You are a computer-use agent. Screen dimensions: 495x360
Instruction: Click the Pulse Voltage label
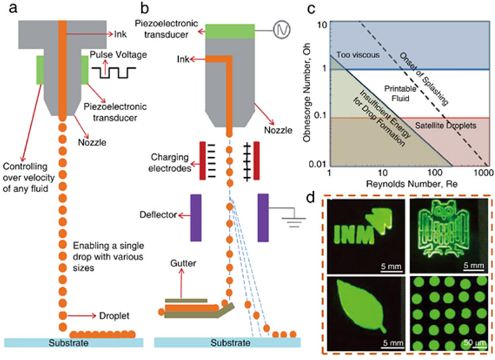pyautogui.click(x=118, y=55)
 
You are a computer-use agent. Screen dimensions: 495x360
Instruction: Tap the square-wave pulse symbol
pyautogui.click(x=114, y=73)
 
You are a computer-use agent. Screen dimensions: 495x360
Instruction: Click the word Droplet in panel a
pyautogui.click(x=114, y=316)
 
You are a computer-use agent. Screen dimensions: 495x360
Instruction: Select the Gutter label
pyautogui.click(x=183, y=264)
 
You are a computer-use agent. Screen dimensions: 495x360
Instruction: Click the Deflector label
pyautogui.click(x=158, y=215)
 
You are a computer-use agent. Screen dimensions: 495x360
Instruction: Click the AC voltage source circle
pyautogui.click(x=282, y=30)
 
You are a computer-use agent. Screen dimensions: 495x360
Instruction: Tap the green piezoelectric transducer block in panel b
pyautogui.click(x=230, y=31)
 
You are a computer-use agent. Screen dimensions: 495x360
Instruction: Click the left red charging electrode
pyautogui.click(x=203, y=161)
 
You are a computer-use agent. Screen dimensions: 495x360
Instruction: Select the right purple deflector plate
pyautogui.click(x=263, y=218)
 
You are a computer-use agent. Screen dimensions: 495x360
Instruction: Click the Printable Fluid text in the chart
pyautogui.click(x=401, y=94)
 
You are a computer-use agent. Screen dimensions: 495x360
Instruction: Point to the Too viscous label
pyautogui.click(x=358, y=55)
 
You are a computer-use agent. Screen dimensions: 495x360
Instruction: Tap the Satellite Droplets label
pyautogui.click(x=445, y=126)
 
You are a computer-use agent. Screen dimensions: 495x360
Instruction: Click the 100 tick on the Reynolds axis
pyautogui.click(x=435, y=172)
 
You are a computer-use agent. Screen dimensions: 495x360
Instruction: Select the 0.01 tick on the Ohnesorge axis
pyautogui.click(x=317, y=164)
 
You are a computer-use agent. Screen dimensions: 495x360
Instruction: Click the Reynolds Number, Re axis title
pyautogui.click(x=412, y=184)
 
